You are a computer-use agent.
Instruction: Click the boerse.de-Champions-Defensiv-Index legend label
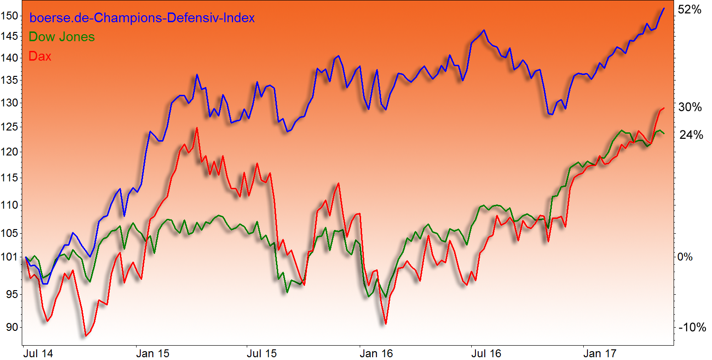click(x=142, y=19)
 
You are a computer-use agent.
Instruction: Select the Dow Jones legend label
click(x=62, y=37)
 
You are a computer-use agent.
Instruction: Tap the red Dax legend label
click(x=40, y=56)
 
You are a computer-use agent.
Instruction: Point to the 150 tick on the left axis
click(x=10, y=16)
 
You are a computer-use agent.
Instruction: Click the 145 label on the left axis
click(x=10, y=36)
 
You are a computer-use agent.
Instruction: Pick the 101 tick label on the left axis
click(x=10, y=257)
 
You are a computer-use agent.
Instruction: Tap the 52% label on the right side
click(x=690, y=9)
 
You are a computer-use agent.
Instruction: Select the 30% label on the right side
click(x=690, y=107)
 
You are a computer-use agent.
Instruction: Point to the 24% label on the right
click(x=691, y=135)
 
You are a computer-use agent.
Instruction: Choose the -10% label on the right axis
click(x=692, y=328)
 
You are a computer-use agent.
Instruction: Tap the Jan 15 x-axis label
click(x=150, y=354)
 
